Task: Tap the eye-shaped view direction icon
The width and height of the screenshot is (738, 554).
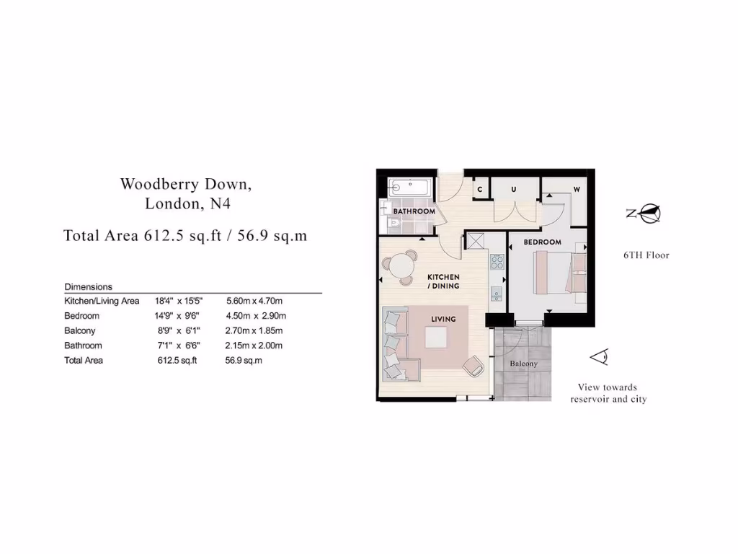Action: click(599, 356)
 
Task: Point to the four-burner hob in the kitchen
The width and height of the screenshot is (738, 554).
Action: click(497, 261)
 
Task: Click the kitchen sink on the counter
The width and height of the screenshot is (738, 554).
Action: click(497, 293)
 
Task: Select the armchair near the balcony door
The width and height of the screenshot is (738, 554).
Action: click(473, 366)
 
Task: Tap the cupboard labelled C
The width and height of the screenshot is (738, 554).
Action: click(480, 189)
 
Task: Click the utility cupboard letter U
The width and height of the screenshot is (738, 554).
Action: click(514, 189)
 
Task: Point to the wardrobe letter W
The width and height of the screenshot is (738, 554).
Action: click(577, 189)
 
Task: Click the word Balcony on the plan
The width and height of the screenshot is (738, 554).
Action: click(524, 364)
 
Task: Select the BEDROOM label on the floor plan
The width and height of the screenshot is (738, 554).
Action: click(542, 242)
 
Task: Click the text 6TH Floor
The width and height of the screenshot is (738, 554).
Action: click(646, 255)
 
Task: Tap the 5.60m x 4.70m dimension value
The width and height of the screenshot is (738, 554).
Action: click(254, 301)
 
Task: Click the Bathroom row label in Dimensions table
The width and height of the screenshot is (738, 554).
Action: click(83, 346)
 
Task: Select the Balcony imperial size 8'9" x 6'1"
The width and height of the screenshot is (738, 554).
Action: click(174, 330)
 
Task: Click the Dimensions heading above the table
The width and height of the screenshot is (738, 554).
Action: click(89, 286)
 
